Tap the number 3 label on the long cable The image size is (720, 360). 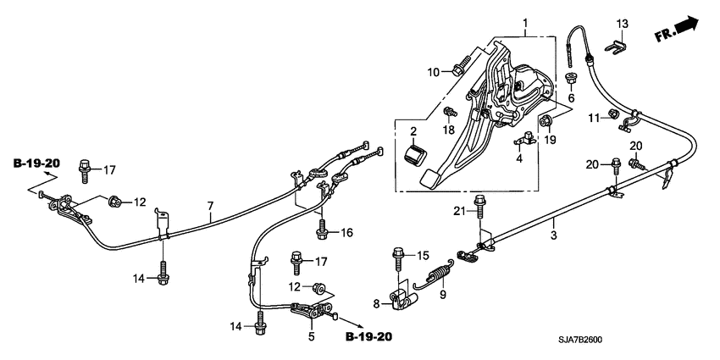554,235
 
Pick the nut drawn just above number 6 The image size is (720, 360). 570,80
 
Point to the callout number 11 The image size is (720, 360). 594,116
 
